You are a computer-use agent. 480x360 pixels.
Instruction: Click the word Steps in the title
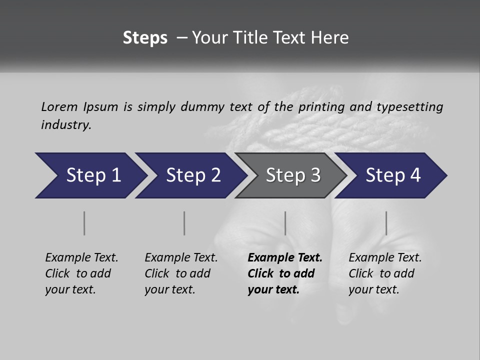click(x=145, y=38)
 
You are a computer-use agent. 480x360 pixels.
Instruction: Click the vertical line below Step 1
click(x=84, y=223)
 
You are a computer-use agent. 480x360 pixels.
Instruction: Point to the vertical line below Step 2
click(x=184, y=223)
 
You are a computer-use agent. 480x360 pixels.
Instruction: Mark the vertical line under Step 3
click(x=285, y=223)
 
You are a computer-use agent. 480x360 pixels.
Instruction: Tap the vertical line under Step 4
click(x=386, y=223)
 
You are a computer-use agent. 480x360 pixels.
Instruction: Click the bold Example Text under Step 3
click(x=285, y=258)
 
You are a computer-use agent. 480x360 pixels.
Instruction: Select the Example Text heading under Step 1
click(x=81, y=258)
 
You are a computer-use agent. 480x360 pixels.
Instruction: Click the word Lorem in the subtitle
click(x=59, y=107)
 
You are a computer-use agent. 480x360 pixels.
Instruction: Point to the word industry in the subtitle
click(x=66, y=125)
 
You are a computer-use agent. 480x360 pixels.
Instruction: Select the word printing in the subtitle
click(x=321, y=107)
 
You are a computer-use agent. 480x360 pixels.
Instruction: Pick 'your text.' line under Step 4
click(x=373, y=290)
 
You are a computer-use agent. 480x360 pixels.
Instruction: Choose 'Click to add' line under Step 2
click(x=177, y=274)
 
